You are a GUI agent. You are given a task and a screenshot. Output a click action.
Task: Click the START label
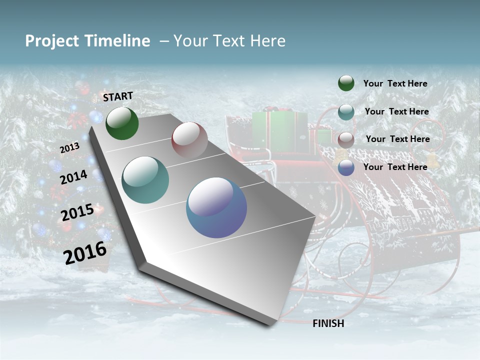point(118,96)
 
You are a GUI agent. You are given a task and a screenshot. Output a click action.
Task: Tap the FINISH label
point(328,323)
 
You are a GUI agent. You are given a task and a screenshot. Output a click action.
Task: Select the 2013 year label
point(69,148)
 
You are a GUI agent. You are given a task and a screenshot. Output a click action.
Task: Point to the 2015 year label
point(77,212)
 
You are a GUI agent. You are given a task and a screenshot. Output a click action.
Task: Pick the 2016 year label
point(85,252)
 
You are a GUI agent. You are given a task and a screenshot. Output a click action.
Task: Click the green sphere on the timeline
point(122,123)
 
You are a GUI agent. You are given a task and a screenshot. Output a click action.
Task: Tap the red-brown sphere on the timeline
point(189,140)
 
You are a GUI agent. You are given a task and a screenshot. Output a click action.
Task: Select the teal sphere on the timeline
point(145,180)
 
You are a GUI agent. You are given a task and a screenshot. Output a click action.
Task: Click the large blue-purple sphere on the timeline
point(216,207)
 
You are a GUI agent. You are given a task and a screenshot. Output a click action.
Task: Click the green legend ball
point(346,83)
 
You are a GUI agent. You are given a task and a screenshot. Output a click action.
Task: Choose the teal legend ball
point(346,112)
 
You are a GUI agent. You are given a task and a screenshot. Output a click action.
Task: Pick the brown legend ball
point(346,139)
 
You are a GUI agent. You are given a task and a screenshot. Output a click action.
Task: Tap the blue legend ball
point(346,167)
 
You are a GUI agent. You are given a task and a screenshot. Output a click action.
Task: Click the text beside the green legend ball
point(395,83)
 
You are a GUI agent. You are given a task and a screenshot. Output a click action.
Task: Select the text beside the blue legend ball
point(395,167)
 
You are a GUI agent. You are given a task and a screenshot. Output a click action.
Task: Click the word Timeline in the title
point(119,41)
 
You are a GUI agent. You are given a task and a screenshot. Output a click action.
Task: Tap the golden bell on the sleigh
point(433,161)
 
